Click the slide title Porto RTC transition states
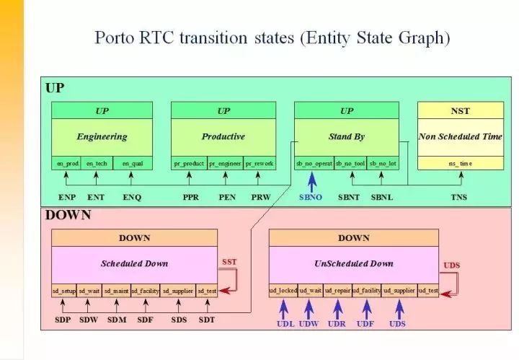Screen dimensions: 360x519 (272, 38)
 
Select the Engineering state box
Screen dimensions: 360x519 (102, 136)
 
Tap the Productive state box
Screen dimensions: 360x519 (223, 136)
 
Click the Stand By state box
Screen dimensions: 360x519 (346, 136)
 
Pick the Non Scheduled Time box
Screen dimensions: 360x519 (460, 136)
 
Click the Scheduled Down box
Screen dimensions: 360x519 (134, 263)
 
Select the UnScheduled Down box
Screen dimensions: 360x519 (353, 263)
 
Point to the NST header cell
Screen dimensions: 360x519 (460, 111)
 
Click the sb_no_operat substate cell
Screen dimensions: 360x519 (314, 164)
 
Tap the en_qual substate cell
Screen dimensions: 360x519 (132, 164)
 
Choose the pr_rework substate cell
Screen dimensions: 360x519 (259, 164)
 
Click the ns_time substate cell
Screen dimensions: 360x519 (460, 164)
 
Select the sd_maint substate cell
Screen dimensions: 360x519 (116, 291)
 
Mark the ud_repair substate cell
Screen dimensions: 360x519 (337, 291)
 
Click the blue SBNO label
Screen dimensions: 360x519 (311, 197)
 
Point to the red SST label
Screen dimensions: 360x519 (229, 263)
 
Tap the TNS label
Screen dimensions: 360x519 (459, 197)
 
